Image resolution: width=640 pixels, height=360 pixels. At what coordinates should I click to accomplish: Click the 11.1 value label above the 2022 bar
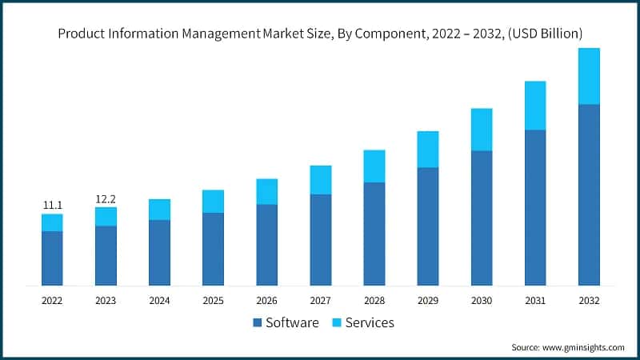click(52, 206)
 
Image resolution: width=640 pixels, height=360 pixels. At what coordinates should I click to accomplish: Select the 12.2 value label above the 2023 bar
click(106, 198)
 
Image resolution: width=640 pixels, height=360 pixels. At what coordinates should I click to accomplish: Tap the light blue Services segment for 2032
click(589, 76)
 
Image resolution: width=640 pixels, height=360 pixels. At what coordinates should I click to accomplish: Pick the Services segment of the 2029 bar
click(428, 149)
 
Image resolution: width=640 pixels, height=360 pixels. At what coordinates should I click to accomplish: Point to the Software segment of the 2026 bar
click(266, 245)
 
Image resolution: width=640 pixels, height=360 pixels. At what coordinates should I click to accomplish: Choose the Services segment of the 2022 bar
click(52, 222)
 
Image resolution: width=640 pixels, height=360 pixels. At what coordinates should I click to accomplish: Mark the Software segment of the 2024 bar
click(159, 252)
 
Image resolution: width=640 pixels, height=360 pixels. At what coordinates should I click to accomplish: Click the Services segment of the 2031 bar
click(535, 105)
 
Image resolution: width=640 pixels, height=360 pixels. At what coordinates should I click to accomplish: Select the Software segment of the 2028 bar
click(374, 234)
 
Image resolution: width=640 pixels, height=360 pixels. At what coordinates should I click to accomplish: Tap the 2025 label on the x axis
click(213, 301)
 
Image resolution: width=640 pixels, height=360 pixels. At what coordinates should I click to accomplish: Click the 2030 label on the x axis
click(482, 301)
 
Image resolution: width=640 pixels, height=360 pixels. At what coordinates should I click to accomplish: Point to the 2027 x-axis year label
click(320, 301)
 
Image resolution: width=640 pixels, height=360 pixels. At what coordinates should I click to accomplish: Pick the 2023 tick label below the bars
click(106, 301)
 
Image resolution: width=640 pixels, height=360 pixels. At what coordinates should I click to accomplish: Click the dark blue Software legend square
click(258, 323)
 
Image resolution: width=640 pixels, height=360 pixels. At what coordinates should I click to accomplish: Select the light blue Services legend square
click(335, 323)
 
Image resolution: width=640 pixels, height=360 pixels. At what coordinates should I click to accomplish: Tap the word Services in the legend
click(370, 323)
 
